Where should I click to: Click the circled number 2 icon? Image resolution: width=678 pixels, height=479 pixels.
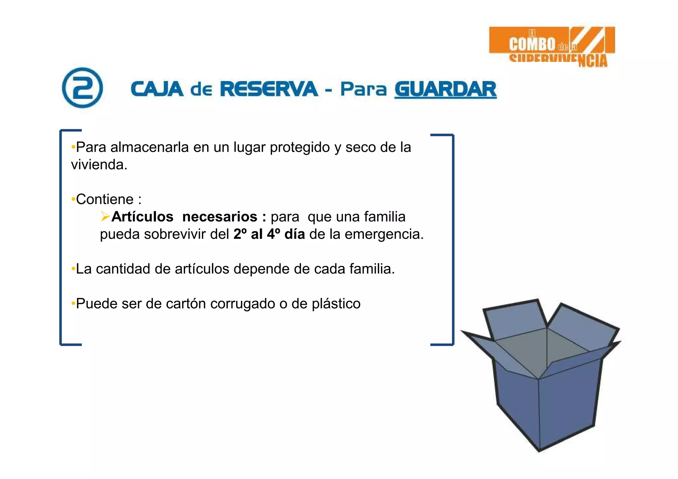click(x=82, y=88)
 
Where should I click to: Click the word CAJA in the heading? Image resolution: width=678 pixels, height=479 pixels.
click(x=157, y=89)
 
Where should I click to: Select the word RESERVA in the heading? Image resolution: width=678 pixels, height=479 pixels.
click(x=269, y=89)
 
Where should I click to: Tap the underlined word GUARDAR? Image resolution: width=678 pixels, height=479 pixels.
click(x=445, y=89)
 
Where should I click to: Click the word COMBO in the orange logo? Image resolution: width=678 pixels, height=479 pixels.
click(x=532, y=44)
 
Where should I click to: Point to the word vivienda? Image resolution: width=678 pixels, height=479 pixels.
click(x=99, y=165)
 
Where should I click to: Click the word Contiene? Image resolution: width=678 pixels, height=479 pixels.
click(x=105, y=199)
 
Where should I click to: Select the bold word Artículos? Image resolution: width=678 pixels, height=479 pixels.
click(x=142, y=217)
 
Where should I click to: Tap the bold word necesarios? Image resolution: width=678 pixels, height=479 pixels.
click(x=220, y=217)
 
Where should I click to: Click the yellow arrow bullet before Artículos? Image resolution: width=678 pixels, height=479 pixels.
click(x=105, y=216)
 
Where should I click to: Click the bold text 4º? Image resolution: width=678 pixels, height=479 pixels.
click(x=273, y=234)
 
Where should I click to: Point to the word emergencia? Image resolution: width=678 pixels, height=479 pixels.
click(x=384, y=234)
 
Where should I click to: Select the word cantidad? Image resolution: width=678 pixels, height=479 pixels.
click(x=121, y=269)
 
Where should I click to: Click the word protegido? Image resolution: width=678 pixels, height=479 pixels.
click(x=300, y=148)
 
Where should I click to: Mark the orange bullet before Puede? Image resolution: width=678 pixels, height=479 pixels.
click(x=73, y=303)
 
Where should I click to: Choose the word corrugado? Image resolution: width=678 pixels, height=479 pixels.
click(x=242, y=304)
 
